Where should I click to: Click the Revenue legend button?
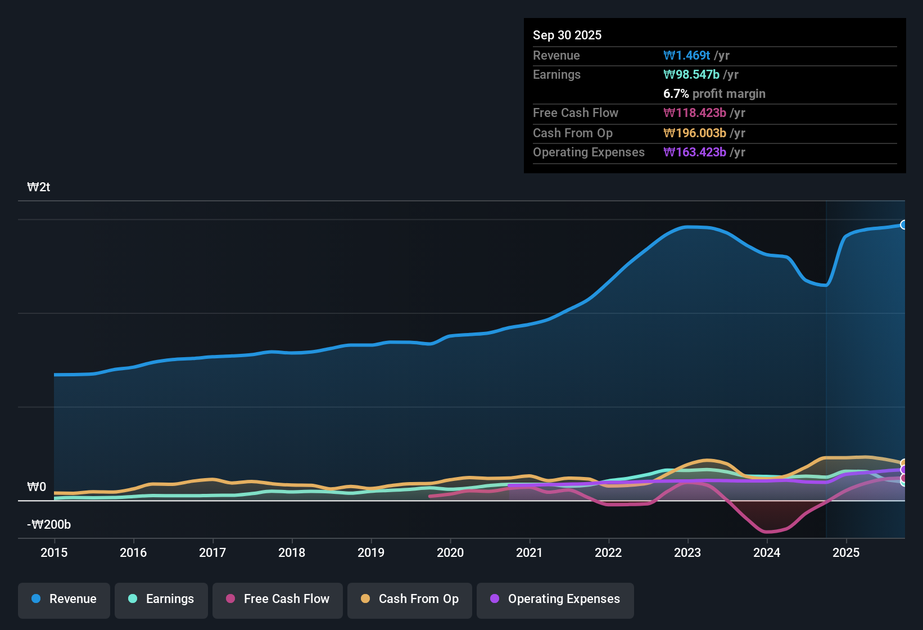[x=64, y=599]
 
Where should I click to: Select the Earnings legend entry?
[x=161, y=599]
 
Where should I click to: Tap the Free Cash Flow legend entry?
[x=278, y=599]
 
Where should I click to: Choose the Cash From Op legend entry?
[x=410, y=599]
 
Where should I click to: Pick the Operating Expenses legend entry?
[x=555, y=599]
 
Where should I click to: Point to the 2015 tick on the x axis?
[x=54, y=552]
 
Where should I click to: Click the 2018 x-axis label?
[x=292, y=552]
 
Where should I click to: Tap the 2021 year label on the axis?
[x=529, y=552]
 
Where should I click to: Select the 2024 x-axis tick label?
[x=767, y=552]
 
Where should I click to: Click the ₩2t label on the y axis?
[x=39, y=187]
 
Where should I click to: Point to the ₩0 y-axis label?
[x=37, y=487]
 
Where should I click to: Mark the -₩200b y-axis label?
[x=49, y=525]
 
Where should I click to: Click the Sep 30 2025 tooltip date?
[x=567, y=35]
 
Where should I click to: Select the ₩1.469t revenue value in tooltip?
[x=687, y=55]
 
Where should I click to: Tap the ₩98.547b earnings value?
[x=691, y=74]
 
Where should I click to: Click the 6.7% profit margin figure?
[x=676, y=93]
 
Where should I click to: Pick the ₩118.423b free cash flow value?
[x=695, y=112]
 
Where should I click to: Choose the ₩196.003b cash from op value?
[x=695, y=133]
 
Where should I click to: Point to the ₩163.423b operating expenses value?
[x=695, y=152]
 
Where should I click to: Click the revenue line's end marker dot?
[x=904, y=225]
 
